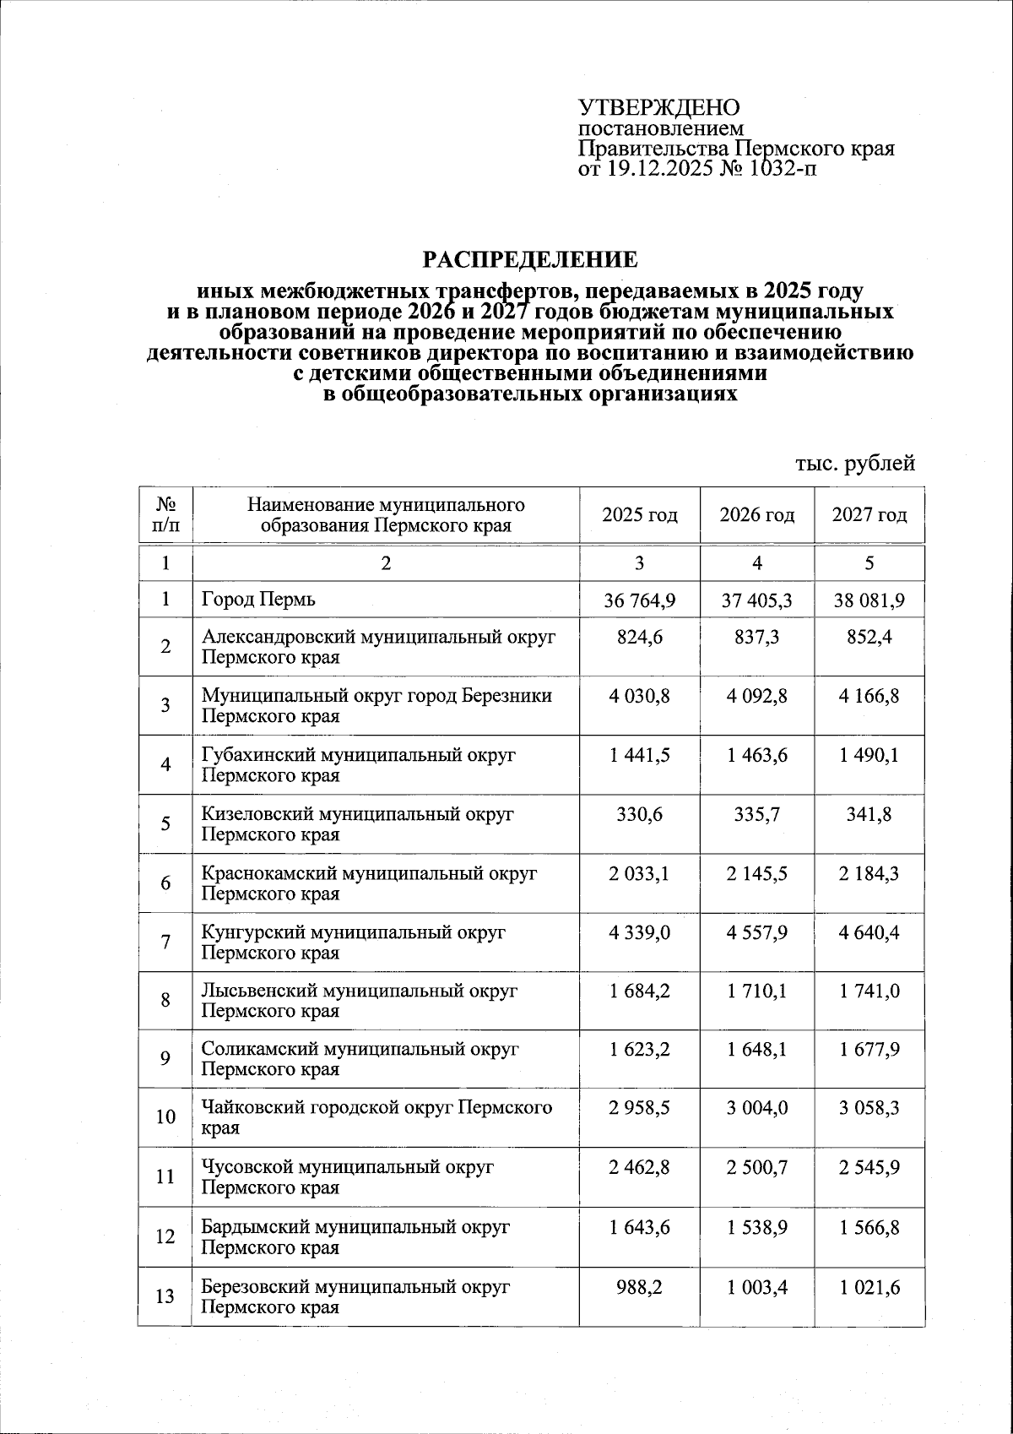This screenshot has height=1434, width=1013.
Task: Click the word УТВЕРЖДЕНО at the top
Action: [x=658, y=108]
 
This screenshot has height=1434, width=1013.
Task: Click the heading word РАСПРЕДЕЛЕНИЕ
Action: [x=530, y=258]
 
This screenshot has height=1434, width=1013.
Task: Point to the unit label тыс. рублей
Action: [x=855, y=463]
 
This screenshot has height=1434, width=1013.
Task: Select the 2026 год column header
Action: [x=756, y=515]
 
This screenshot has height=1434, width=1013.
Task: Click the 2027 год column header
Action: [x=869, y=515]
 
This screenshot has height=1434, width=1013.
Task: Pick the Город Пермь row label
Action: [x=258, y=600]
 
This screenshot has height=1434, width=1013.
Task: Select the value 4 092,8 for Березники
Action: [x=756, y=696]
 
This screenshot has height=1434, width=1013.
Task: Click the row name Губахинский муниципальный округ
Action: [x=358, y=755]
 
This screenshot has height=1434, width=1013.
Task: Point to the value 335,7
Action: [x=756, y=814]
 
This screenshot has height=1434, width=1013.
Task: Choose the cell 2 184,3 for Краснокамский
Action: [x=869, y=873]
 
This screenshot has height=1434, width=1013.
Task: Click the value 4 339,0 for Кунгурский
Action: [x=639, y=932]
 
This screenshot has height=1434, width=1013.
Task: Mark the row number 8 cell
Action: [x=165, y=1000]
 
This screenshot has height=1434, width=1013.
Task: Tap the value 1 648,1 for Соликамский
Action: [x=756, y=1049]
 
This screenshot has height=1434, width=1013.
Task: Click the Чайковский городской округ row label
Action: [x=376, y=1108]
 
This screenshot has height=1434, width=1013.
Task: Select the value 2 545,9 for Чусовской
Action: [x=869, y=1167]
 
